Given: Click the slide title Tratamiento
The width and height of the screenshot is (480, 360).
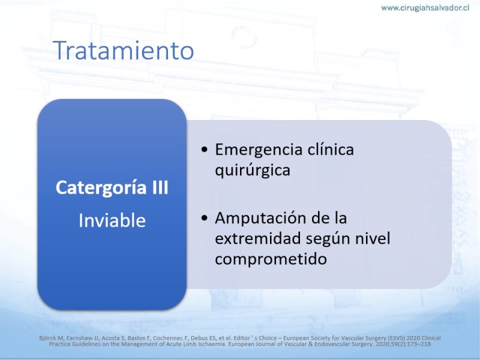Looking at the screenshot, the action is pyautogui.click(x=124, y=50).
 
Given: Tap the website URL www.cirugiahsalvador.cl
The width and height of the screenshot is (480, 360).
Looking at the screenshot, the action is pyautogui.click(x=425, y=8).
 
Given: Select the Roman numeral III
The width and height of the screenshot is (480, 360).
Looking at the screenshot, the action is pyautogui.click(x=160, y=187).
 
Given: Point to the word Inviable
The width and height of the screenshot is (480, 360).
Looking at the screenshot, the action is pyautogui.click(x=112, y=220).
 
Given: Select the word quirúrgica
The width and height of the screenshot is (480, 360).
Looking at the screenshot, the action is pyautogui.click(x=253, y=170).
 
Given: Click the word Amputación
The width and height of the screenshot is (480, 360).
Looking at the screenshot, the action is pyautogui.click(x=260, y=218).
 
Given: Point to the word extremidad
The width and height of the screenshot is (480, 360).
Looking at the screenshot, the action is pyautogui.click(x=259, y=238).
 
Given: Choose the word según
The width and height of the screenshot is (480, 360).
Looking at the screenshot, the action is pyautogui.click(x=329, y=239).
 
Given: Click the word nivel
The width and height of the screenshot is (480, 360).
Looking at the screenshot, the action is pyautogui.click(x=373, y=238).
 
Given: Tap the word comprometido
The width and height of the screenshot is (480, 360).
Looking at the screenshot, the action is pyautogui.click(x=271, y=259).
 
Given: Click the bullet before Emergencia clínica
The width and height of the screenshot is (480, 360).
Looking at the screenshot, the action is pyautogui.click(x=205, y=149).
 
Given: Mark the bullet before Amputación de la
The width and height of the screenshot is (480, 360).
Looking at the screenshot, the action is pyautogui.click(x=205, y=218).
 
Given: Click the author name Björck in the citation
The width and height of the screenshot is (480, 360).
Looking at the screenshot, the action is pyautogui.click(x=46, y=338).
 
